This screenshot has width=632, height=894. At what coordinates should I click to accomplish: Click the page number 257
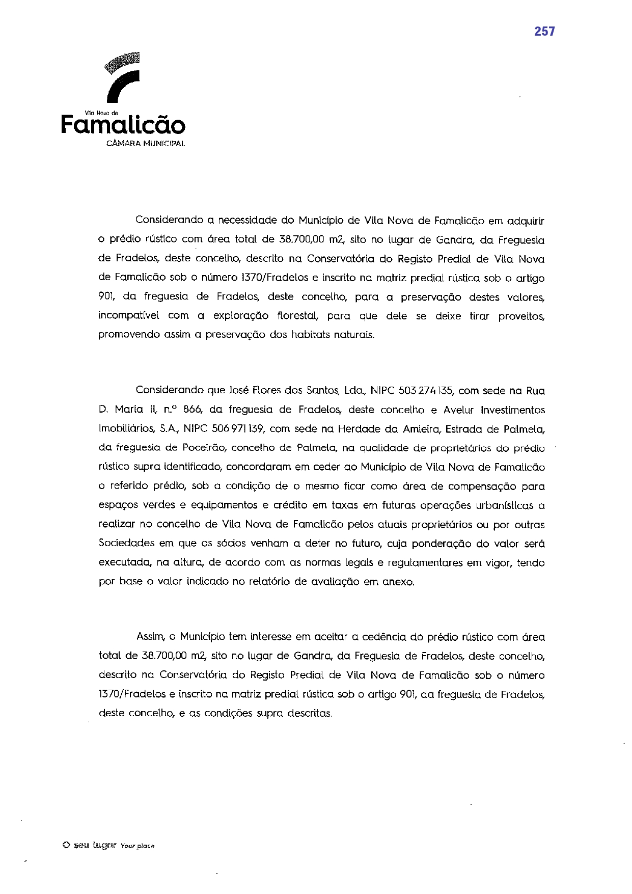pos(544,32)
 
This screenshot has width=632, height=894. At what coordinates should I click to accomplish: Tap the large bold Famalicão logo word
pos(123,125)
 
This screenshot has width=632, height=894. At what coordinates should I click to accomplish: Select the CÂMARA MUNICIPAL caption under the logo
pos(146,144)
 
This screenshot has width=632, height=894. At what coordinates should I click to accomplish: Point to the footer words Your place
pos(138,846)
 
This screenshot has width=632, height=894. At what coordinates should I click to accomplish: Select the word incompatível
pos(129,316)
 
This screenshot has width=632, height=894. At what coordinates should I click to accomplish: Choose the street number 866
pos(193,410)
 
